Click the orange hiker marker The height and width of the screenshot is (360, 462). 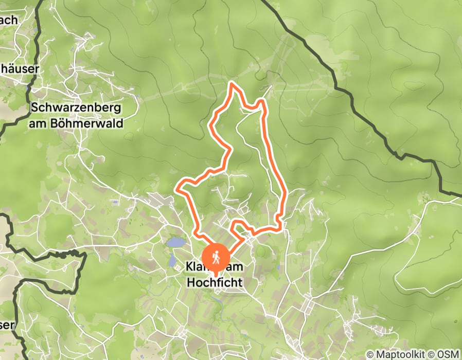tap(216, 256)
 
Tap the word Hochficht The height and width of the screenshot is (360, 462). tap(214, 282)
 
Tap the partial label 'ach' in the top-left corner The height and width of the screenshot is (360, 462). tap(9, 21)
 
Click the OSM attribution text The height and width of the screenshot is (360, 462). tap(447, 354)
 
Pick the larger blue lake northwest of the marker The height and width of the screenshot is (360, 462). tap(175, 242)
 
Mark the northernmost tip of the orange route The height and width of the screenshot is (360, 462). tap(232, 82)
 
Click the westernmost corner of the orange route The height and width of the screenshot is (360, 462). tap(177, 189)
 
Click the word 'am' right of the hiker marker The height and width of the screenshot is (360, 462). tap(235, 268)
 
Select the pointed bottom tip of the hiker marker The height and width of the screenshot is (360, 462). tap(216, 271)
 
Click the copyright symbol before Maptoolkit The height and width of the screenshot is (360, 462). tap(369, 354)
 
